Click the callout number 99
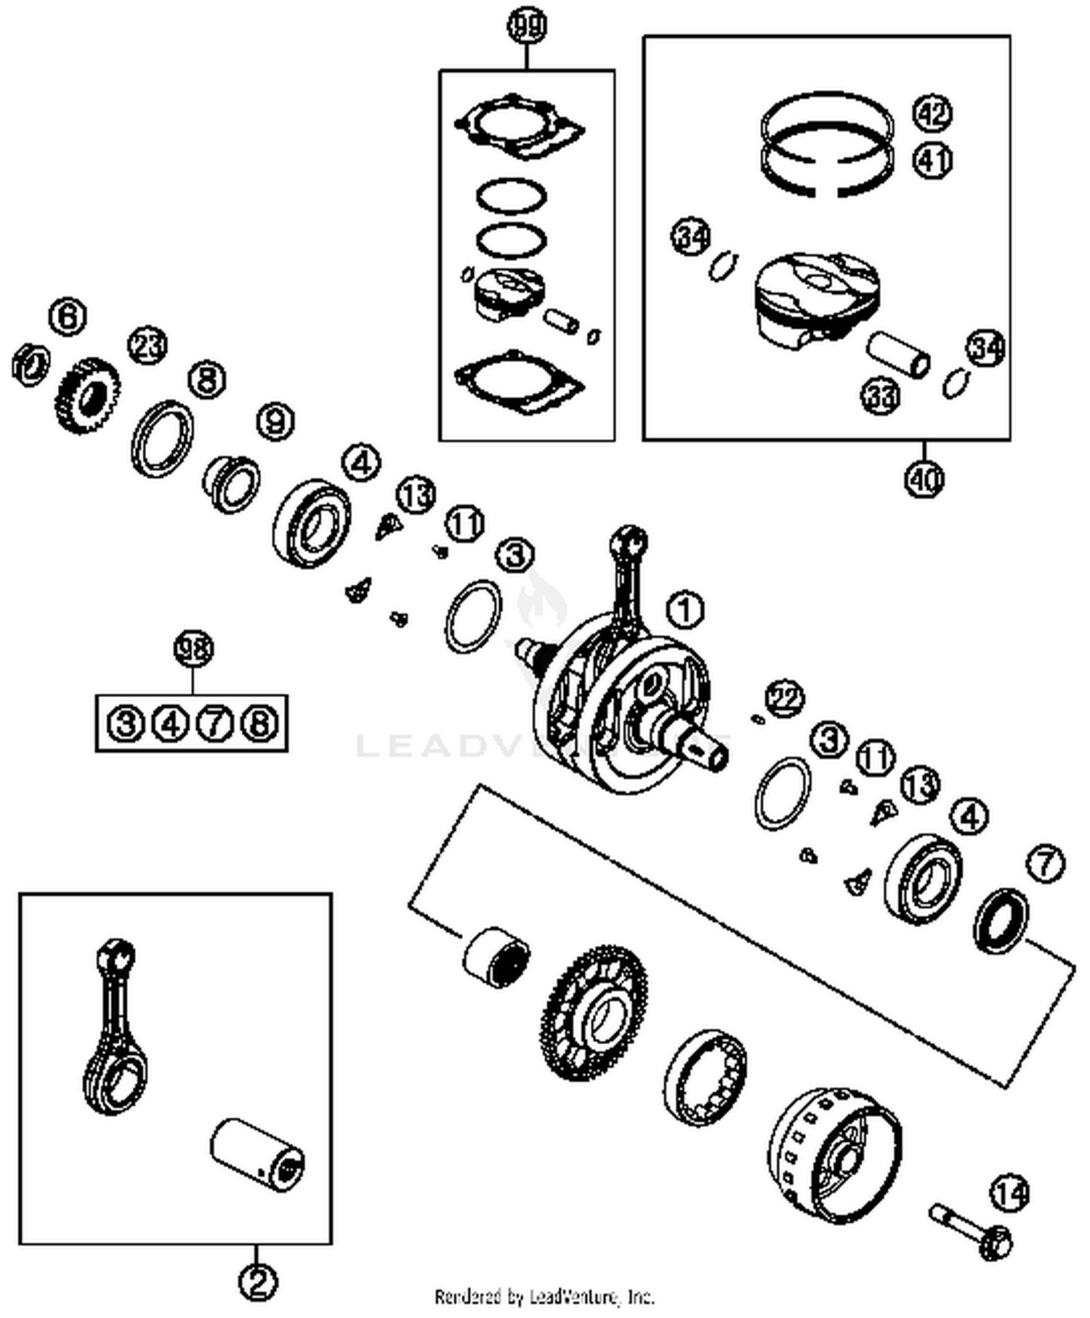pyautogui.click(x=526, y=28)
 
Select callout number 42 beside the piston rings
pyautogui.click(x=932, y=113)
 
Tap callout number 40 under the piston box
pyautogui.click(x=924, y=478)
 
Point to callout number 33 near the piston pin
pyautogui.click(x=881, y=396)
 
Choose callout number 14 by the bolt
pyautogui.click(x=1010, y=1194)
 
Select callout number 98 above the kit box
pyautogui.click(x=193, y=648)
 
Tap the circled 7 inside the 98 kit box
pyautogui.click(x=214, y=724)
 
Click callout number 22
pyautogui.click(x=785, y=698)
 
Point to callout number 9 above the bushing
pyautogui.click(x=275, y=421)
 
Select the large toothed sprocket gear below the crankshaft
pyautogui.click(x=594, y=1012)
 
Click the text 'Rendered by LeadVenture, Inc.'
pyautogui.click(x=544, y=1297)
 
